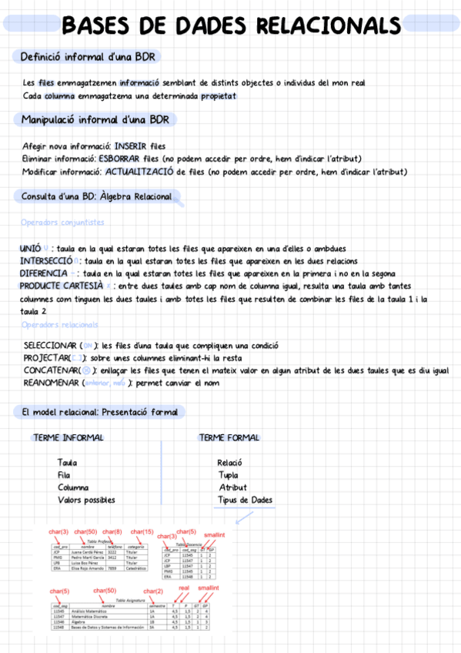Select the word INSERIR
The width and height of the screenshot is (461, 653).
133,146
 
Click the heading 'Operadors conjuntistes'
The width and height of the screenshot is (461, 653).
62,223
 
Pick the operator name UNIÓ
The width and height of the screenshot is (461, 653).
31,249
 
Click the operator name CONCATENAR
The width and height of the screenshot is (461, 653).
49,370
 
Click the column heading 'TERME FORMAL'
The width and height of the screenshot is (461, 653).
229,437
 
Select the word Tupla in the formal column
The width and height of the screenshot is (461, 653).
228,475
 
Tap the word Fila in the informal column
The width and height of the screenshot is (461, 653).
64,475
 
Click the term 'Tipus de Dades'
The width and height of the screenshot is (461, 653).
245,500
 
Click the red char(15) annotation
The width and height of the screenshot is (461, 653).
142,532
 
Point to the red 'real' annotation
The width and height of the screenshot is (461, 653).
183,588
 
